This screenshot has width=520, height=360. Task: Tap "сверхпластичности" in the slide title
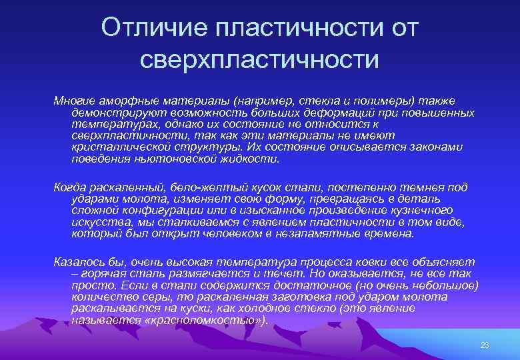(x=259, y=59)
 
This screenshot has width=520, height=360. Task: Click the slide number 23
(x=484, y=345)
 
